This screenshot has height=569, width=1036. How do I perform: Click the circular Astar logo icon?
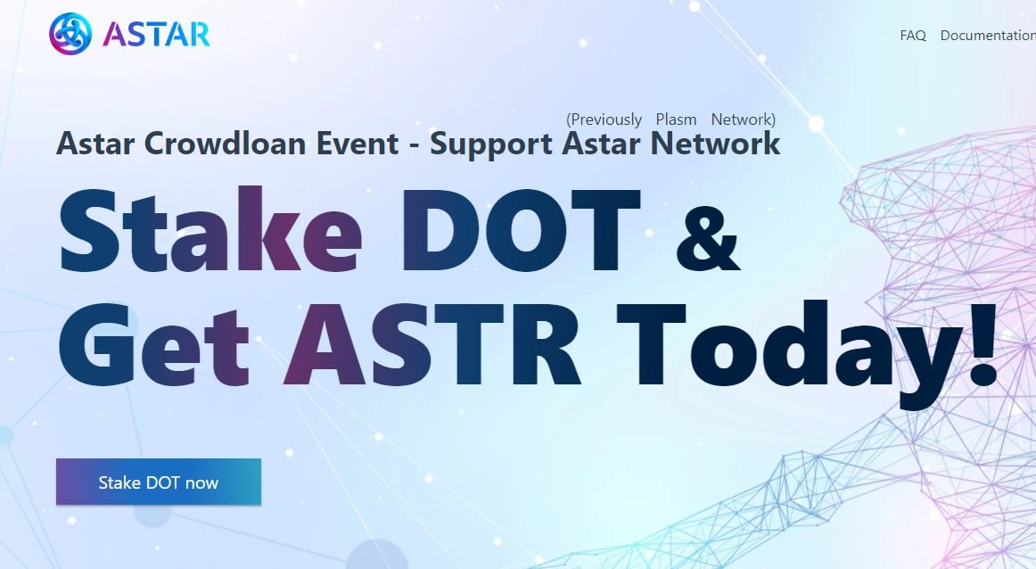pyautogui.click(x=70, y=34)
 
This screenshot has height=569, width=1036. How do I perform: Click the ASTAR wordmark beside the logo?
pyautogui.click(x=157, y=35)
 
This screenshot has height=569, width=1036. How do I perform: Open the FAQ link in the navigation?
pyautogui.click(x=913, y=36)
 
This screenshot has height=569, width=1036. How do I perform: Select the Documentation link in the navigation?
pyautogui.click(x=988, y=36)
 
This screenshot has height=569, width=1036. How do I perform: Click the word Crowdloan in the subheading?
pyautogui.click(x=225, y=144)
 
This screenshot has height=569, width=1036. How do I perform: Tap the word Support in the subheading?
pyautogui.click(x=490, y=144)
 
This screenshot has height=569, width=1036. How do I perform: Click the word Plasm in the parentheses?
pyautogui.click(x=676, y=120)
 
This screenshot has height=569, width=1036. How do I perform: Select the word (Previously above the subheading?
pyautogui.click(x=604, y=120)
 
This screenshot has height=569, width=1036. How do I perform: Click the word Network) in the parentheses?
pyautogui.click(x=744, y=120)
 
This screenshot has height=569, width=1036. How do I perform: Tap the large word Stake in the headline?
pyautogui.click(x=210, y=229)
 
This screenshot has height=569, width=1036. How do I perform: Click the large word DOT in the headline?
pyautogui.click(x=522, y=230)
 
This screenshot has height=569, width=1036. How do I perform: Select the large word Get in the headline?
pyautogui.click(x=154, y=344)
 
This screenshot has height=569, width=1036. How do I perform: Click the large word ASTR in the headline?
pyautogui.click(x=432, y=344)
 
